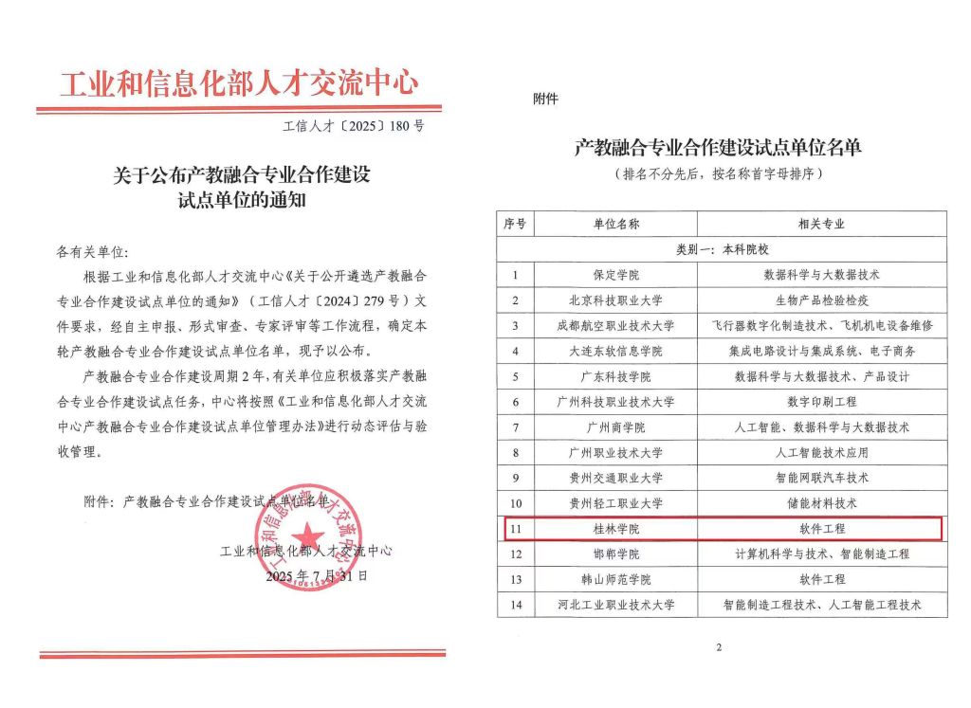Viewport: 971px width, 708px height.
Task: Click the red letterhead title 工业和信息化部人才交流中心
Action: pyautogui.click(x=239, y=83)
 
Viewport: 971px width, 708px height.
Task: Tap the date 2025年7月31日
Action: pyautogui.click(x=316, y=576)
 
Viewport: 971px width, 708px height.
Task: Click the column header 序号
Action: pyautogui.click(x=515, y=225)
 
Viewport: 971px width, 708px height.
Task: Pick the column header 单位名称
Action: pyautogui.click(x=616, y=225)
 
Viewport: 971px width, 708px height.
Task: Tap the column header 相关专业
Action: pyautogui.click(x=821, y=225)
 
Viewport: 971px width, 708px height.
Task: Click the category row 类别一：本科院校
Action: pyautogui.click(x=722, y=249)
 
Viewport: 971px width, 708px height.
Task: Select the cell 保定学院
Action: pyautogui.click(x=616, y=275)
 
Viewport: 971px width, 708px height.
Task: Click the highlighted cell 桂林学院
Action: pyautogui.click(x=616, y=529)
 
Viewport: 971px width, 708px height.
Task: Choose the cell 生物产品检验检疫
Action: pyautogui.click(x=821, y=300)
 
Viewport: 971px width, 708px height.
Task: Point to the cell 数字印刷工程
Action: pyautogui.click(x=821, y=402)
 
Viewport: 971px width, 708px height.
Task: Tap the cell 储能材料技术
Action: pyautogui.click(x=821, y=503)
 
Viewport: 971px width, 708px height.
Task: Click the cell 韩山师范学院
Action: pyautogui.click(x=616, y=579)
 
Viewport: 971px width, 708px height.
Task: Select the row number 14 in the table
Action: pyautogui.click(x=515, y=605)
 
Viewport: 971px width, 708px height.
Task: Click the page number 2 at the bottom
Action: pyautogui.click(x=720, y=648)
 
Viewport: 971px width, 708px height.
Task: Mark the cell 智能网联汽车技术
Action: pyautogui.click(x=821, y=478)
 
